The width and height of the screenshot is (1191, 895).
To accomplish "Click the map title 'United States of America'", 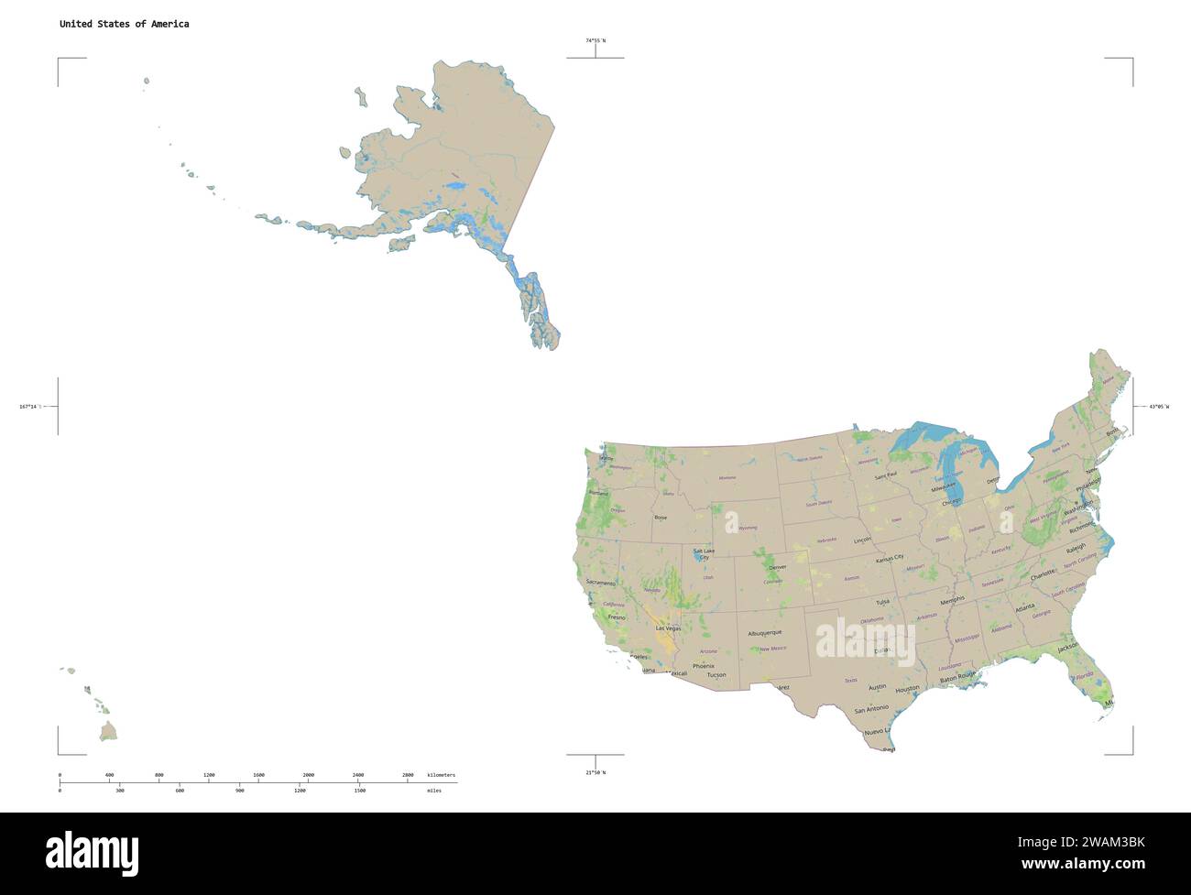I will pos(125,24).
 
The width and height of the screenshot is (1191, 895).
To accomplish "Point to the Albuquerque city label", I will pos(764,633).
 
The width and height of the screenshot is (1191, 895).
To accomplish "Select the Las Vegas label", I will pos(667,628).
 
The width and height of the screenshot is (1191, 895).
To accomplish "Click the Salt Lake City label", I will pos(704,553).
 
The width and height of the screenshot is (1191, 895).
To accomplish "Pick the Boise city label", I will pos(661,518).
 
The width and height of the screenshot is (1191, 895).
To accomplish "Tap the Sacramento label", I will pos(601,583).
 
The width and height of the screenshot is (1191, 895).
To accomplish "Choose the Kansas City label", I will pos(890,557).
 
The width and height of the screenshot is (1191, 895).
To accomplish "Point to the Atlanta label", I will pos(1024,606).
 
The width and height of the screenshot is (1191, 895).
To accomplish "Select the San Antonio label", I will pos(871,709).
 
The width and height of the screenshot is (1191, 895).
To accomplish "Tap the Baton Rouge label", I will pos(959,677).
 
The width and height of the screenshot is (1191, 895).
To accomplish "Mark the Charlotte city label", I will pos(1043,577).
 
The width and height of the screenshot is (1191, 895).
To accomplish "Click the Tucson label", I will pos(716,675).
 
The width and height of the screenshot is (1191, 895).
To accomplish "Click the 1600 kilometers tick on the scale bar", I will pos(258,775).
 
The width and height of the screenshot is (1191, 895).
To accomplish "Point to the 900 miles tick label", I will pos(240,790).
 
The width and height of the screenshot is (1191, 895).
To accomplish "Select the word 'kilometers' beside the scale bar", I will pos(441,775).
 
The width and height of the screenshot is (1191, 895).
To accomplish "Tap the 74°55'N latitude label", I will pos(595,40).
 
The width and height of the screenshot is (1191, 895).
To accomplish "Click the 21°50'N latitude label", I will pos(595,772).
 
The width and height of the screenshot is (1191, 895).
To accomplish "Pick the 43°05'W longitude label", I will pos(1158,406).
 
